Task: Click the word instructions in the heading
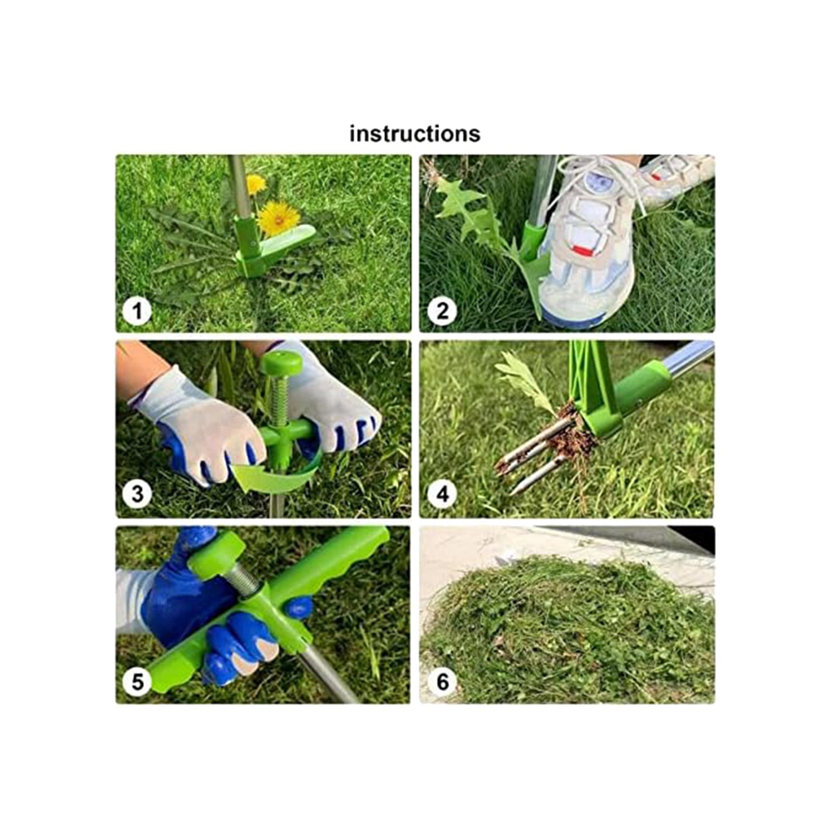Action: pyautogui.click(x=415, y=134)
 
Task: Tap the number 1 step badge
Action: pyautogui.click(x=137, y=311)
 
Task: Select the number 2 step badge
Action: pyautogui.click(x=442, y=311)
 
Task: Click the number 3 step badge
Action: pyautogui.click(x=137, y=494)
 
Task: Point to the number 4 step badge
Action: pyautogui.click(x=442, y=494)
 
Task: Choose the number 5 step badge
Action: pyautogui.click(x=137, y=682)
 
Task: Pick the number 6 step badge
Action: pyautogui.click(x=442, y=682)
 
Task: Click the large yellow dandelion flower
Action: pyautogui.click(x=279, y=218)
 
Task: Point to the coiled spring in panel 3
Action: pyautogui.click(x=280, y=399)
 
